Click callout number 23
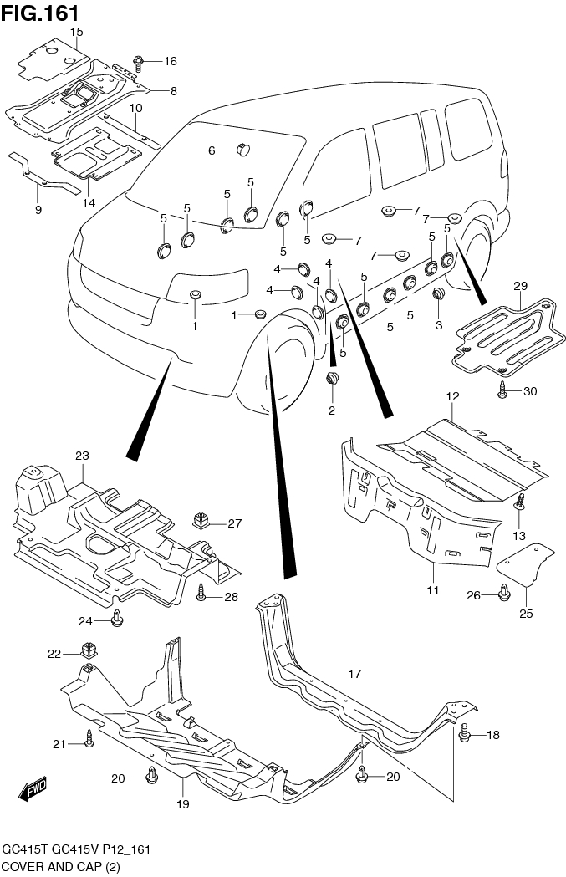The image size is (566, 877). click(81, 456)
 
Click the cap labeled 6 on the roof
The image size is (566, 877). click(243, 150)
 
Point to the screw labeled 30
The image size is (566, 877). click(502, 390)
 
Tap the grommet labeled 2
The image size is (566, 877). click(332, 381)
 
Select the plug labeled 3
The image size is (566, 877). click(437, 295)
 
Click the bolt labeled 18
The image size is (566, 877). click(465, 734)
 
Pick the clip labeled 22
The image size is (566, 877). click(87, 649)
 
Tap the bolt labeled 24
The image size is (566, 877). click(117, 620)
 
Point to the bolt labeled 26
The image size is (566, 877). click(505, 594)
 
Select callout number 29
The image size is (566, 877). click(520, 286)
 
